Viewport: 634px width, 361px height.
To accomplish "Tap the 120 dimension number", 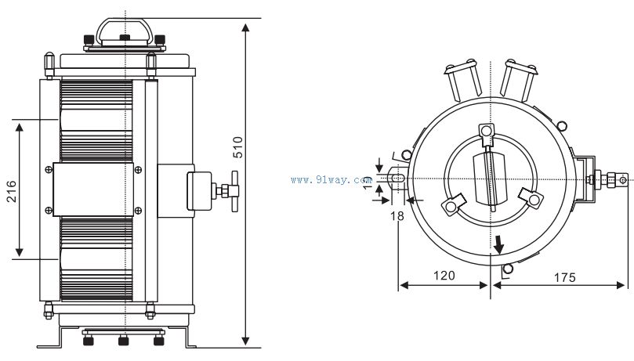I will pos(444,276).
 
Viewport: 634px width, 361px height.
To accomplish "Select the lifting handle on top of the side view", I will pos(122,31).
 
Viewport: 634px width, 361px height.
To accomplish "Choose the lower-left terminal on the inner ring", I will pos(451,205).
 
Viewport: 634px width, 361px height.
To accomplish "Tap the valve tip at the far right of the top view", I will pos(623,179).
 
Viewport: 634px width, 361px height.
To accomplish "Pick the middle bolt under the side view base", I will pos(122,340).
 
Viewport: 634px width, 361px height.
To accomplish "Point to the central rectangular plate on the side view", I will pos(93,189).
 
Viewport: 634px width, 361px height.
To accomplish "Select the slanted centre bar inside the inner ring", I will pos(490,179).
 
